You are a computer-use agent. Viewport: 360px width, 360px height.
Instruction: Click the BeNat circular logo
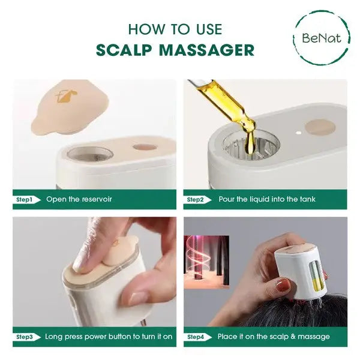pyautogui.click(x=322, y=38)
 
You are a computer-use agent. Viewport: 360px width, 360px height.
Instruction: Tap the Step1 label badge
pyautogui.click(x=26, y=199)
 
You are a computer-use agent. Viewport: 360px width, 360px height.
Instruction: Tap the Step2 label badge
pyautogui.click(x=197, y=199)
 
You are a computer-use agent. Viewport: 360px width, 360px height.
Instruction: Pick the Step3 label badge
pyautogui.click(x=26, y=337)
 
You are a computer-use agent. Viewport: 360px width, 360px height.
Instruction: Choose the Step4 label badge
pyautogui.click(x=197, y=337)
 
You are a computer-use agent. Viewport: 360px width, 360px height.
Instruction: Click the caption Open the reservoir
pyautogui.click(x=79, y=199)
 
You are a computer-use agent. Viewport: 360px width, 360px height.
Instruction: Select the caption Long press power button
pyautogui.click(x=108, y=337)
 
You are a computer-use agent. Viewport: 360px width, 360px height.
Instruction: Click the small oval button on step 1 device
pyautogui.click(x=145, y=146)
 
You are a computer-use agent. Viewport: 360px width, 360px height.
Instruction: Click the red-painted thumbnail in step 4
pyautogui.click(x=283, y=285)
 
